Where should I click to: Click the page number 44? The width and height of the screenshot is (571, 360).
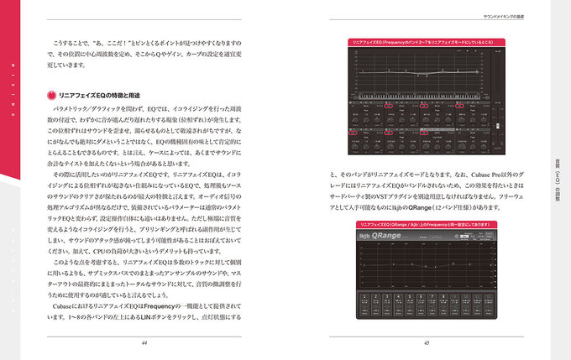[x=145, y=342]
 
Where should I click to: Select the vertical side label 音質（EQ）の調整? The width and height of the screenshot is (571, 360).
[x=558, y=180]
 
